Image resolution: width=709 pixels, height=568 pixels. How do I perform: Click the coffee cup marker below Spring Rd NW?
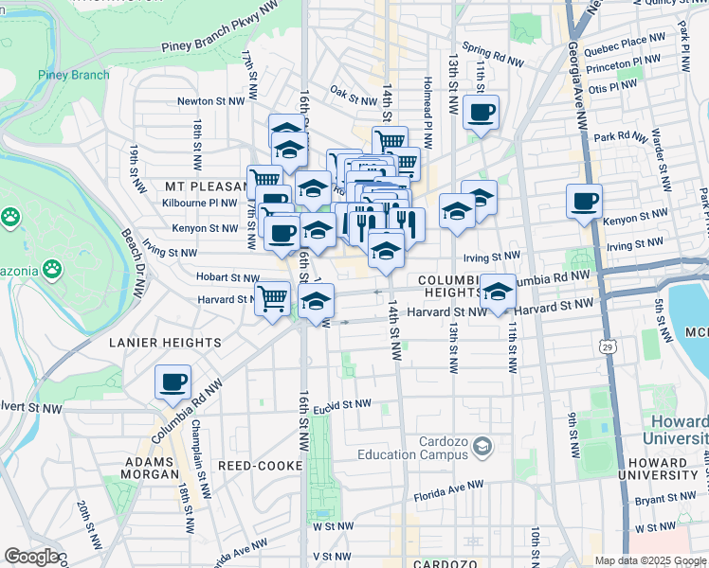point(481,114)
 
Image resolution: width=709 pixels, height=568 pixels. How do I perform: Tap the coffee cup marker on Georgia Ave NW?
point(584,202)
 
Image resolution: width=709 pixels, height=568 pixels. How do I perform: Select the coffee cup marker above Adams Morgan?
point(173,382)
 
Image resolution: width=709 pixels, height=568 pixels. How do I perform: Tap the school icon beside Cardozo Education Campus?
point(482,445)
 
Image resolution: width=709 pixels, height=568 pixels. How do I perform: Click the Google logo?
point(31,557)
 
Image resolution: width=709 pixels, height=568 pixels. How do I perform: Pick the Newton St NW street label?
point(207,101)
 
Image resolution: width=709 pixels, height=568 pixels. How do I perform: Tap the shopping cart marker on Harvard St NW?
point(273,299)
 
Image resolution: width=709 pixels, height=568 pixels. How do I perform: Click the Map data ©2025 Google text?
point(650,560)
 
